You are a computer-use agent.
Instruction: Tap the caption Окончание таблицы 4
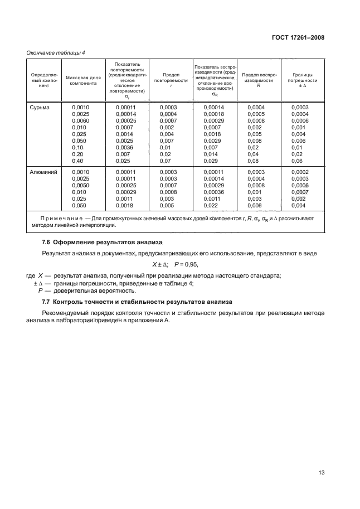click(x=56, y=53)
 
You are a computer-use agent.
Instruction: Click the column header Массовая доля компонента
click(x=82, y=80)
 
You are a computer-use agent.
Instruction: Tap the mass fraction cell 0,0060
click(x=81, y=121)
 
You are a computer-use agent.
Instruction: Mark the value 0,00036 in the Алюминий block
click(x=213, y=192)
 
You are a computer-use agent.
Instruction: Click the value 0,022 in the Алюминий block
click(x=210, y=206)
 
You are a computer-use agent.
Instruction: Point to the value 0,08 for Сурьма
click(x=253, y=161)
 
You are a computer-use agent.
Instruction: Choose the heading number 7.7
click(x=47, y=302)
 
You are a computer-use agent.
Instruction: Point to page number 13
click(x=321, y=472)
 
